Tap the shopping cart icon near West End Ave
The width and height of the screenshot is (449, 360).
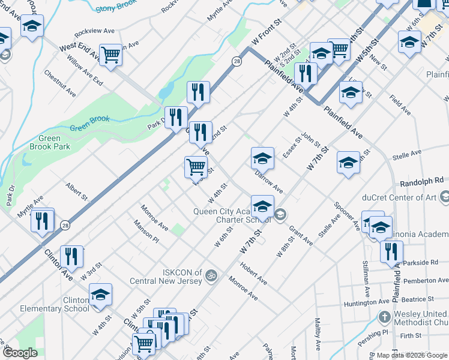click(111, 55)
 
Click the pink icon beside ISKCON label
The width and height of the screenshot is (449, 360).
click(210, 275)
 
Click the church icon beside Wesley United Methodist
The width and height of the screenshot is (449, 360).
click(385, 316)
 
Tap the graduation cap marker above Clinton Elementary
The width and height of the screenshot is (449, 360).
click(101, 295)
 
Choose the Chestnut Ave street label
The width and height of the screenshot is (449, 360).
click(60, 83)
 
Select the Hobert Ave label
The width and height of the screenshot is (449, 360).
click(253, 272)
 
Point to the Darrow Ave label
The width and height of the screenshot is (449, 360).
click(268, 181)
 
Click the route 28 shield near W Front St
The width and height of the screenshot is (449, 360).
click(237, 62)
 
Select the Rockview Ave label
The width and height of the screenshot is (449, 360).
click(94, 31)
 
